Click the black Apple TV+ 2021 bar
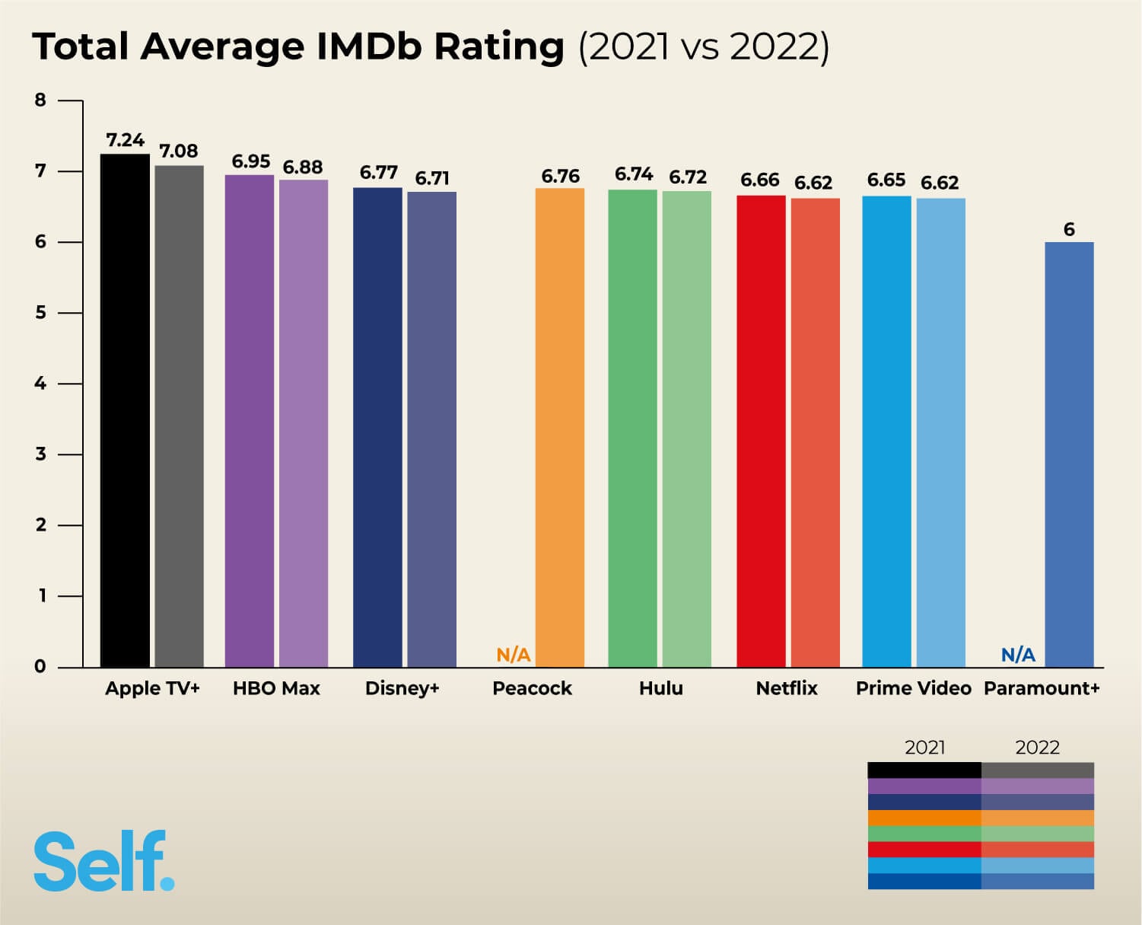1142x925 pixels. tap(125, 411)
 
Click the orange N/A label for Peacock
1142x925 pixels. tap(514, 655)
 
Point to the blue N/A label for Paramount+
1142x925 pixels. tap(1018, 655)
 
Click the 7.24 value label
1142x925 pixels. tap(125, 140)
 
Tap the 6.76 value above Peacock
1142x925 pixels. tap(560, 177)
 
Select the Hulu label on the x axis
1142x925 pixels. tap(660, 688)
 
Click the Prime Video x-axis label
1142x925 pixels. tap(913, 688)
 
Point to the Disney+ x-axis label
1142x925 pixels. tap(402, 688)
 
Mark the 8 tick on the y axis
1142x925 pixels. tap(40, 100)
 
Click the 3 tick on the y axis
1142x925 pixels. tap(40, 455)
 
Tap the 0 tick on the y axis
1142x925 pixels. tap(40, 667)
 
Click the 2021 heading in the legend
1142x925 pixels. tap(924, 748)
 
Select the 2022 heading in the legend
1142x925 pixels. tap(1037, 748)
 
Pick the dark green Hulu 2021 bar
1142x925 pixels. tap(632, 429)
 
